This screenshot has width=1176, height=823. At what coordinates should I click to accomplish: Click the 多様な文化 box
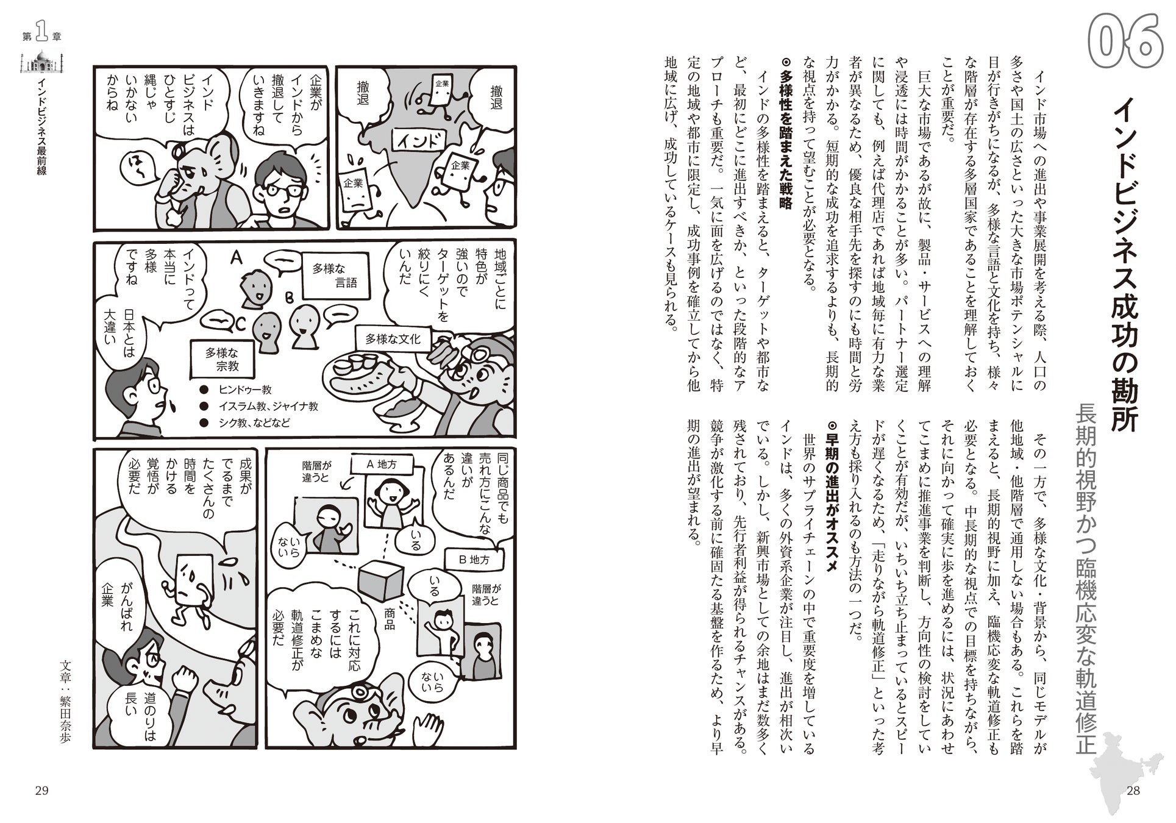393,338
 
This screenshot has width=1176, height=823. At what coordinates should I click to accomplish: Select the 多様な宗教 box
222,360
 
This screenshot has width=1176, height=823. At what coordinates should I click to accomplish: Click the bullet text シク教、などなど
249,422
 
